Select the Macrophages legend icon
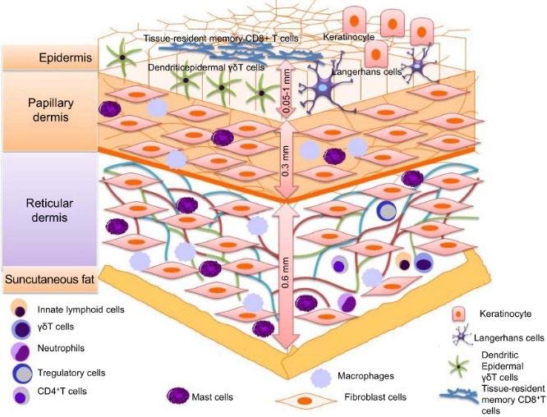pyautogui.click(x=321, y=377)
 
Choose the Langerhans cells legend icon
pyautogui.click(x=461, y=336)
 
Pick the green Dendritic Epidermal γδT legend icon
pyautogui.click(x=459, y=360)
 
